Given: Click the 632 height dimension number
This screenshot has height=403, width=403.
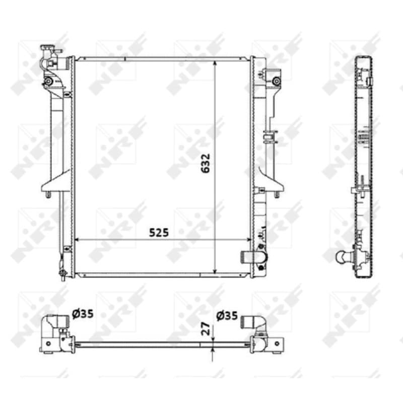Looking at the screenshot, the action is [x=206, y=163].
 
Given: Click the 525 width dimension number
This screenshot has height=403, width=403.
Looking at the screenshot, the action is [x=159, y=233].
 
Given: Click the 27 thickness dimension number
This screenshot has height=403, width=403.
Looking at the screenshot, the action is [x=206, y=329].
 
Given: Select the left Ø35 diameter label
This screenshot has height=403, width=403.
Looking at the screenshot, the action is [x=83, y=314].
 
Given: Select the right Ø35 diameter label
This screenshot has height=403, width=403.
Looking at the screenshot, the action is [x=227, y=316].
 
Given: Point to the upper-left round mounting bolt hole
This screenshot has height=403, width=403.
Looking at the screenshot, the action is [x=48, y=82].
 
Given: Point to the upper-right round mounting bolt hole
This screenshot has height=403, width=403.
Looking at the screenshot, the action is [x=276, y=82].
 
